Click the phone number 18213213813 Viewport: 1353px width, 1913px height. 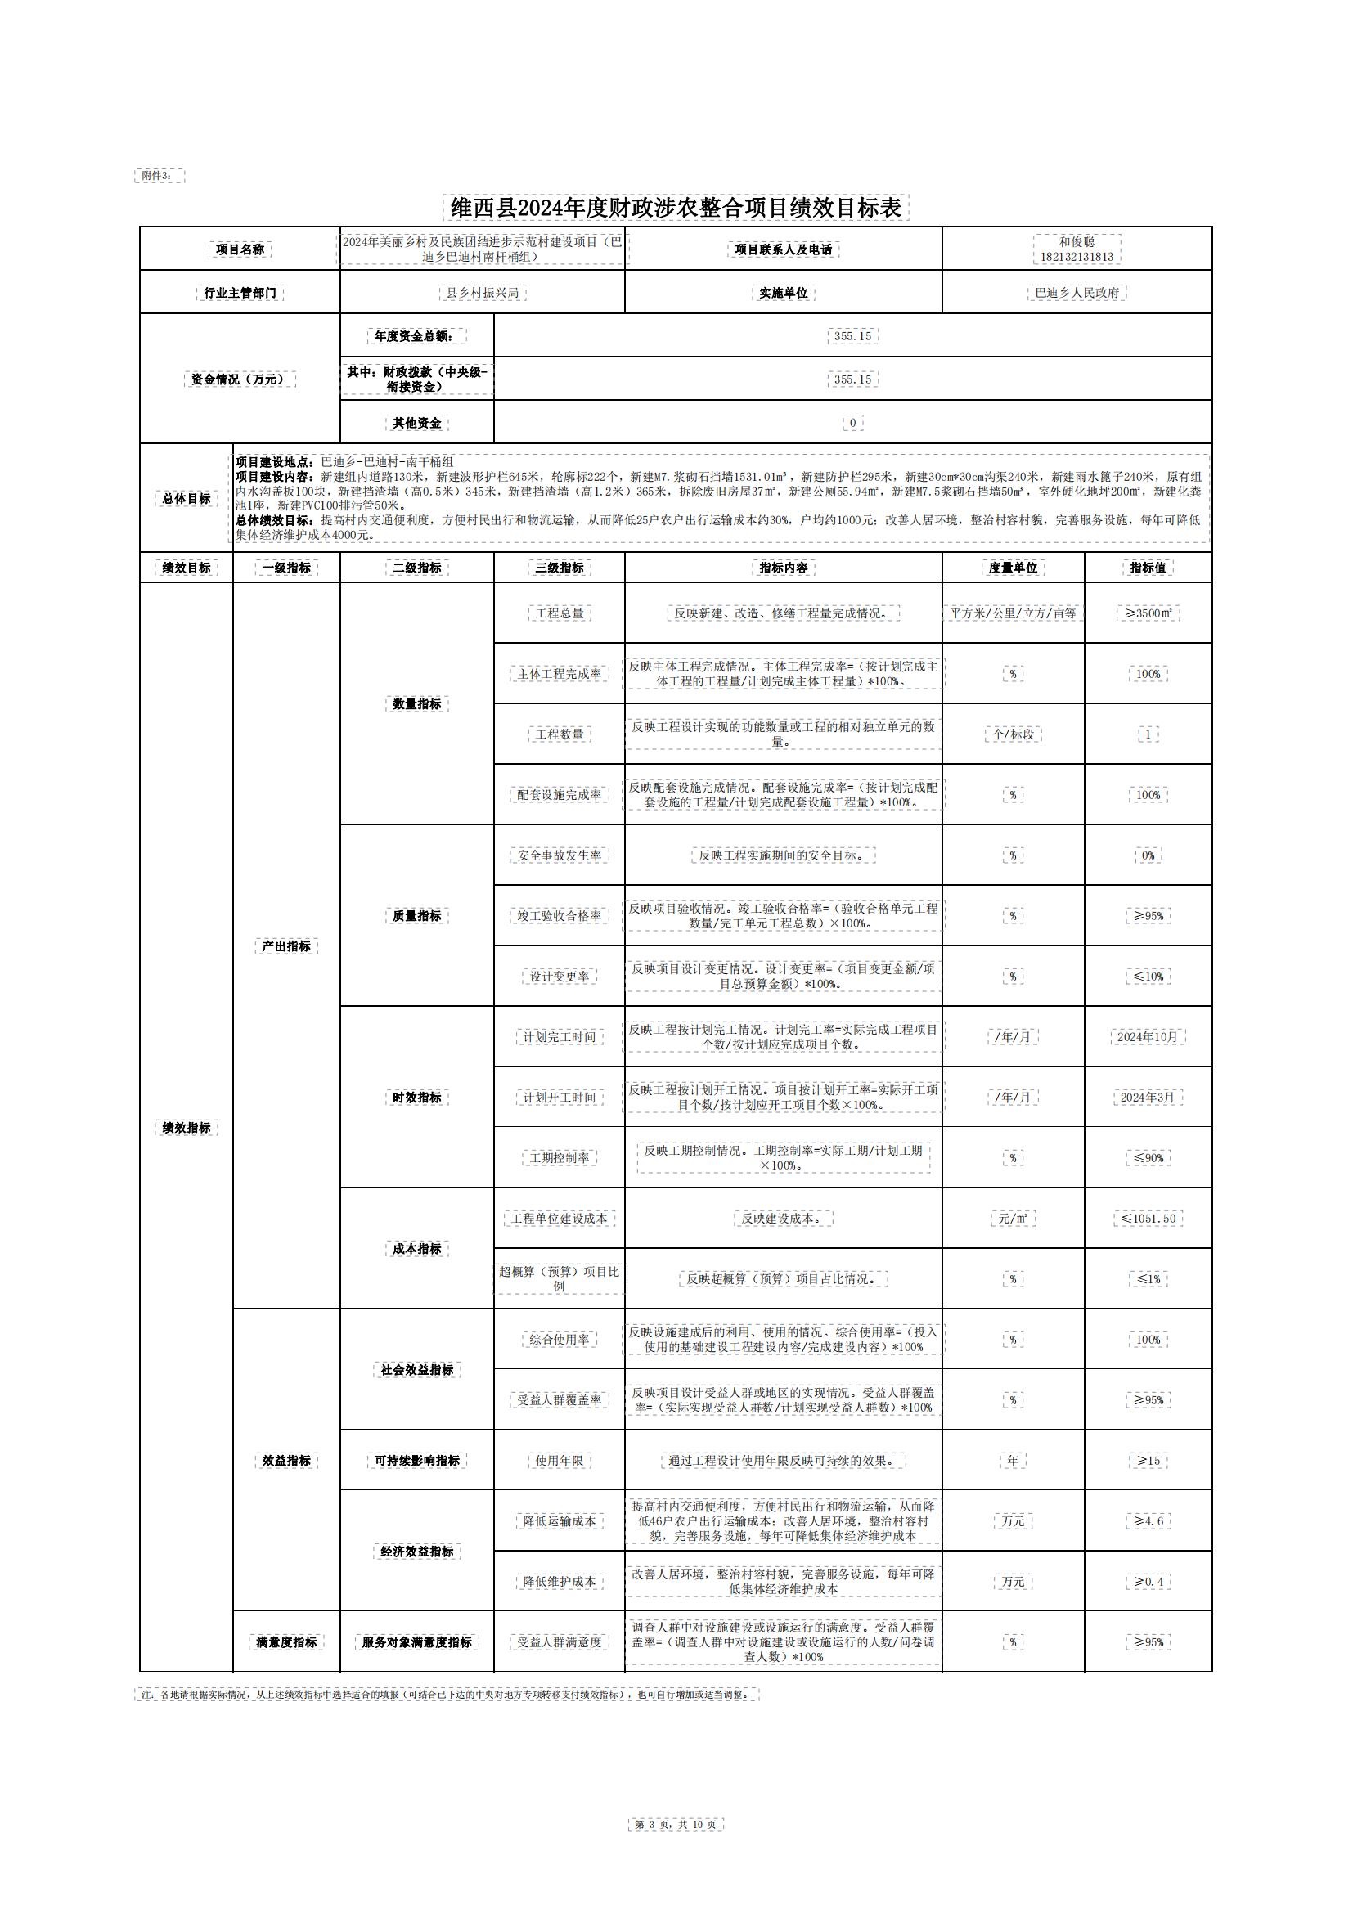click(1077, 257)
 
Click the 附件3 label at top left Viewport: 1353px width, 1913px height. click(159, 176)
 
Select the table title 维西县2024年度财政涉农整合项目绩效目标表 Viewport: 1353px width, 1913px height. click(676, 208)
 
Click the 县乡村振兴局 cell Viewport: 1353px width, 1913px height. click(483, 293)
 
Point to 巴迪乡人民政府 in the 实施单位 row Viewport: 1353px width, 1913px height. click(1077, 293)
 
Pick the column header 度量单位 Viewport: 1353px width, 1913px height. click(1012, 568)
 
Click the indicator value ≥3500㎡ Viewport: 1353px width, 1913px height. click(1148, 613)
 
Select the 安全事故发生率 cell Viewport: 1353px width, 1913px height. click(559, 855)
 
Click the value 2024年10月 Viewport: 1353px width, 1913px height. click(1148, 1036)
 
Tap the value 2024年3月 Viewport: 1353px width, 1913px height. click(1148, 1098)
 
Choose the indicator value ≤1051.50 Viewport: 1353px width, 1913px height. click(1148, 1218)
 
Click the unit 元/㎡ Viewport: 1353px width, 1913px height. click(1012, 1218)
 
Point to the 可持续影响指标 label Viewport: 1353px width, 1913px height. click(416, 1461)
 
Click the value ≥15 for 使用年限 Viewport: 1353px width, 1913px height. click(1148, 1461)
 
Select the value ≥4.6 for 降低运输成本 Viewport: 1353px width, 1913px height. click(1148, 1521)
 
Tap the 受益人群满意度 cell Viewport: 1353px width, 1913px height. click(559, 1642)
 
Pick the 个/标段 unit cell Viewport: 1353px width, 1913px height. click(1012, 734)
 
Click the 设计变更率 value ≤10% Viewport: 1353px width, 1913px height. click(1148, 976)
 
